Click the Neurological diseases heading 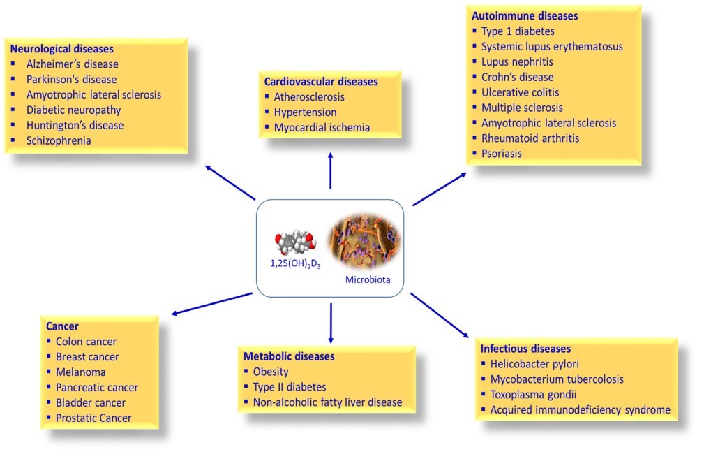(61, 50)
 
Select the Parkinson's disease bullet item (71, 80)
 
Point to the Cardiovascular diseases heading (321, 82)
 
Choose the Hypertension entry (306, 112)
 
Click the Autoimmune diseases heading (525, 15)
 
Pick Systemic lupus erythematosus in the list (552, 47)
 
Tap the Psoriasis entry (501, 153)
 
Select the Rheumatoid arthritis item (530, 138)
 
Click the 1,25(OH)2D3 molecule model (296, 245)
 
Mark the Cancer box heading (62, 326)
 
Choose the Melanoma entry (81, 372)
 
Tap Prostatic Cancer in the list (93, 418)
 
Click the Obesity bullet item (271, 372)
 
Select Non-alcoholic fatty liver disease (327, 402)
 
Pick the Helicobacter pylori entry (534, 364)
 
